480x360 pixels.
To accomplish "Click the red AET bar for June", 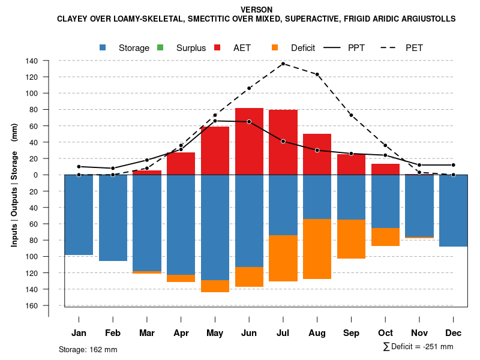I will tap(249, 142).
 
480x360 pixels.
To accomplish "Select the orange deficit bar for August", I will tap(317, 249).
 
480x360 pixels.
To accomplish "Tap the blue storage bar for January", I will tap(79, 215).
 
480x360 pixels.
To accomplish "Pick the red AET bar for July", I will tap(283, 142).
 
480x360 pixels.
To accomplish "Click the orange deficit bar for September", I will tap(351, 239).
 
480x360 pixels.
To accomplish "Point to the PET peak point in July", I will tap(283, 64).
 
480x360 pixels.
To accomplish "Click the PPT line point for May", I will tap(215, 121).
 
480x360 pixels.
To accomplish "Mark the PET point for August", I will tap(317, 74).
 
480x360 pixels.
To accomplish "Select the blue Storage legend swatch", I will tap(103, 47).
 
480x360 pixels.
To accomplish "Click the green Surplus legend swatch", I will tap(160, 47).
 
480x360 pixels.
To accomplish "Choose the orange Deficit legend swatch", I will tap(275, 47).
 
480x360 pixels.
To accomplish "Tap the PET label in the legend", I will tap(414, 48).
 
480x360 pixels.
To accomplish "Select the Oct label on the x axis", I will tap(385, 333).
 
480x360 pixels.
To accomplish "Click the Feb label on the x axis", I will tap(113, 333).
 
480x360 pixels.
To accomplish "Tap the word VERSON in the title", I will tap(256, 10).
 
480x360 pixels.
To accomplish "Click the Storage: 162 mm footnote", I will tap(88, 349).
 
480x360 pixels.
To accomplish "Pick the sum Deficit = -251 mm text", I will tap(418, 347).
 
